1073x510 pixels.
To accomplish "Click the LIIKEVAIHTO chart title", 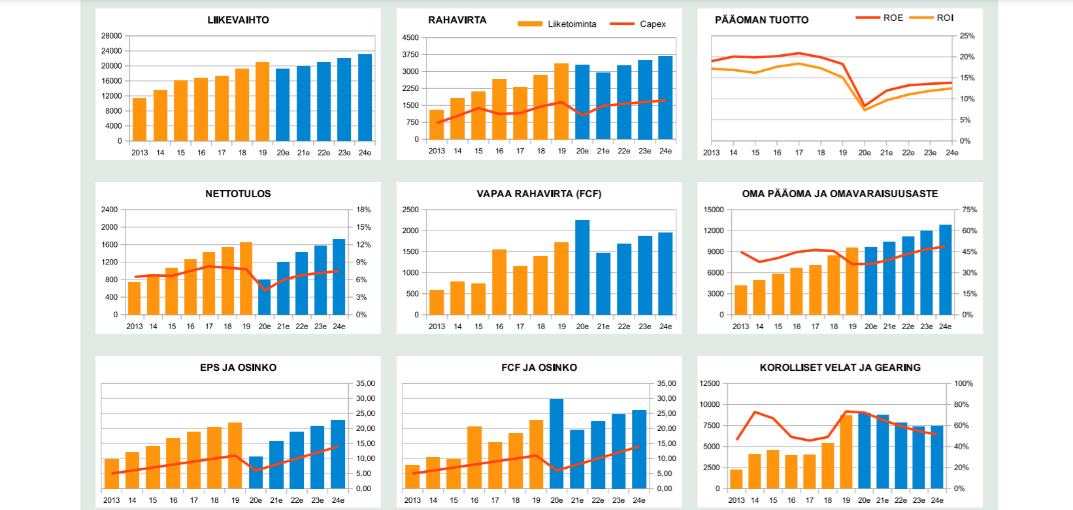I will pos(238,20).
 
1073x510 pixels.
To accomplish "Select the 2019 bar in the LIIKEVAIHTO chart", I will pos(262,102).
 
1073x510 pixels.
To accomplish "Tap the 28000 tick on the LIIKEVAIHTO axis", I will pos(111,36).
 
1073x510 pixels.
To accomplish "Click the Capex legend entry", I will pos(652,24).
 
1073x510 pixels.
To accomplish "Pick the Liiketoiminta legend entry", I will pos(572,24).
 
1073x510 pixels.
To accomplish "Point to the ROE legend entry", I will pos(893,18).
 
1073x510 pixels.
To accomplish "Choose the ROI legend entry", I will pos(945,18).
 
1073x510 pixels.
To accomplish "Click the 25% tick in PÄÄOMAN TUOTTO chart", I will pos(966,36).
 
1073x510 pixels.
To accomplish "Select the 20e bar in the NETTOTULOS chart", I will pos(265,297).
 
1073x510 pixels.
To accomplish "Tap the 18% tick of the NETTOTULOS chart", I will pos(363,210).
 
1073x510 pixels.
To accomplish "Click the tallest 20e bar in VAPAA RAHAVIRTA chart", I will pos(582,268).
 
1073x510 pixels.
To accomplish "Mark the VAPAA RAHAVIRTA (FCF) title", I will pos(538,194).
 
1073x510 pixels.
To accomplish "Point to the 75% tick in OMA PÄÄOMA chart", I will pos(970,210).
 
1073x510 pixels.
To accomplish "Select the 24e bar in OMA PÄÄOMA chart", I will pos(945,270).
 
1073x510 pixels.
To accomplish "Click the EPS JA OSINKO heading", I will pos(238,368).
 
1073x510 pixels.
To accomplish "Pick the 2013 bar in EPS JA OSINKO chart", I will pos(112,474).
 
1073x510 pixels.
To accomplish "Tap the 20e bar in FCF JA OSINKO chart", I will pos(557,444).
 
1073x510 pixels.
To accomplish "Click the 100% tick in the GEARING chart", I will pos(963,383).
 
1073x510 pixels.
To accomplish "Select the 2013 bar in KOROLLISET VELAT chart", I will pos(736,479).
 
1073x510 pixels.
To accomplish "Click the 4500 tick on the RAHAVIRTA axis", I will pos(410,38).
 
